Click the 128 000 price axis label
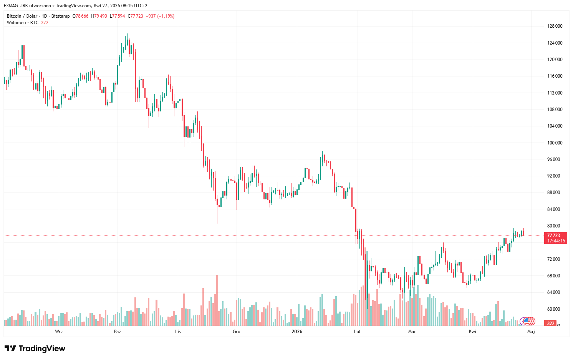click(x=555, y=26)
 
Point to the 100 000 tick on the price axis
click(x=555, y=143)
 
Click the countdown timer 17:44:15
click(x=556, y=241)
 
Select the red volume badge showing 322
click(x=551, y=323)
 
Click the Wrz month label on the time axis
click(x=59, y=332)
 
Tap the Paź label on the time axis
click(x=118, y=332)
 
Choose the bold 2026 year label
click(x=297, y=332)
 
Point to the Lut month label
click(x=357, y=332)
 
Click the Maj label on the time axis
click(x=531, y=332)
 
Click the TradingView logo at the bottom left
click(x=35, y=348)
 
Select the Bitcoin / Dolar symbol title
click(x=22, y=16)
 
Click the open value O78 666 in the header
click(x=80, y=16)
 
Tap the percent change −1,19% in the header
click(x=166, y=16)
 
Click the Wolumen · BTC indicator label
click(x=22, y=23)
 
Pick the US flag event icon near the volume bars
click(x=529, y=321)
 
